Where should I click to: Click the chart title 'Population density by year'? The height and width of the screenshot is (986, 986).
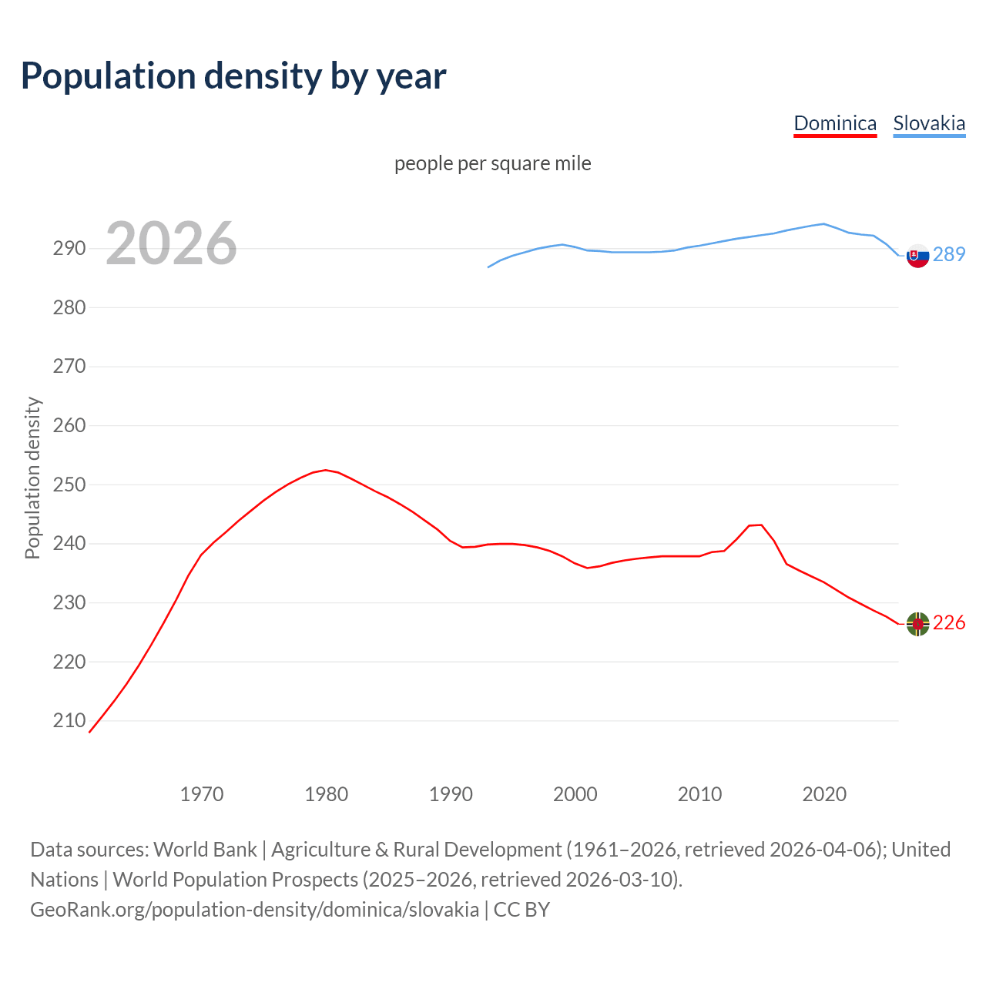point(233,76)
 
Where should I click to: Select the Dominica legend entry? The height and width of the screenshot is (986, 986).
point(835,123)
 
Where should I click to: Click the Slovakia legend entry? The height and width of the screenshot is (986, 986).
point(929,123)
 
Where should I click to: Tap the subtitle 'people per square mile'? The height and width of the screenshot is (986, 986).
point(493,163)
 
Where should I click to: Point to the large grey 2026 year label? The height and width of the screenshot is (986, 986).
point(171,243)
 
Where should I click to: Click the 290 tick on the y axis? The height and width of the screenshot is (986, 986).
point(69,248)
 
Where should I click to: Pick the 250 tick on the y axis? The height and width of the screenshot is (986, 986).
point(69,485)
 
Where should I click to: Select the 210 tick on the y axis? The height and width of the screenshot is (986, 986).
point(69,720)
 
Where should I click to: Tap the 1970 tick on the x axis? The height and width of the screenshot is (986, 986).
point(202,793)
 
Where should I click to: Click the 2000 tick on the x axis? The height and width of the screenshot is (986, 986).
point(575,793)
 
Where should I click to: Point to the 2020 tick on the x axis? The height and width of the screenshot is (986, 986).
point(824,793)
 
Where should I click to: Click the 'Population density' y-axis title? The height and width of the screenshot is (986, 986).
point(32,478)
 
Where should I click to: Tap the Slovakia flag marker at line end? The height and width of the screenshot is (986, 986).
point(917,255)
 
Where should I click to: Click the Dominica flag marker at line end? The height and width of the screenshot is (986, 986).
point(917,624)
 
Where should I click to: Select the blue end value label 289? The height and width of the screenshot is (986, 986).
point(949,254)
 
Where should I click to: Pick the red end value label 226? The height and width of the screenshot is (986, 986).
point(949,622)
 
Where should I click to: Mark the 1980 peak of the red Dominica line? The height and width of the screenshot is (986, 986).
point(326,470)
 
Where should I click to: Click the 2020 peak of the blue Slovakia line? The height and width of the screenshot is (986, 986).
point(823,223)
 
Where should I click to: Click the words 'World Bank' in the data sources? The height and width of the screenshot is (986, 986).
point(205,849)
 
